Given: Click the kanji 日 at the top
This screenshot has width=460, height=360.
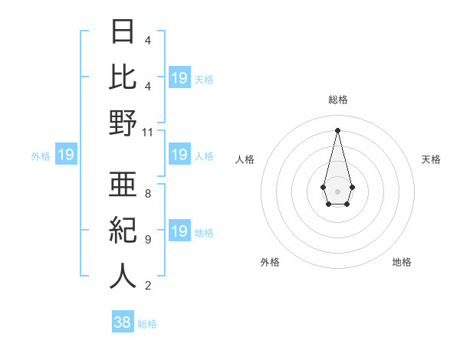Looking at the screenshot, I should point(123,32).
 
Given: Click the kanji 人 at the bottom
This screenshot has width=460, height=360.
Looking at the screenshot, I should point(123,276).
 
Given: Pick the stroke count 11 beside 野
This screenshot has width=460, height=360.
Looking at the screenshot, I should point(148,132).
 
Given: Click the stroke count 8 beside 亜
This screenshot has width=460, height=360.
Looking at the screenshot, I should point(147,194).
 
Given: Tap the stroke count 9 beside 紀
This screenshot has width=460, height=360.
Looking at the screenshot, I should point(147,240).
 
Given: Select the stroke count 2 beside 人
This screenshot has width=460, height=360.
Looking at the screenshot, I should point(147,286).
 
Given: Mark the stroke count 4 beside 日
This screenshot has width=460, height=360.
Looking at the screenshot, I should point(147,40).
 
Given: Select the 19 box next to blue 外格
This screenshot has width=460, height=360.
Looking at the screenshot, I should point(66,155).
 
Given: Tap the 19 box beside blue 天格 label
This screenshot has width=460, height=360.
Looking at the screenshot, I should point(179,78).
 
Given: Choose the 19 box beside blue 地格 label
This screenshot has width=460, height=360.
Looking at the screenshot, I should point(179,232).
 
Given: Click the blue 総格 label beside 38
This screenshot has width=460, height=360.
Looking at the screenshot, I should point(147,324).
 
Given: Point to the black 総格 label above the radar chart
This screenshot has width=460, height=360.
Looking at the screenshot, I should point(337,100).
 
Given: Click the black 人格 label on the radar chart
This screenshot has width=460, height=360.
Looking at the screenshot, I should point(245,159).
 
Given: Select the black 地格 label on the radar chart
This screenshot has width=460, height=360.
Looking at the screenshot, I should point(402,262).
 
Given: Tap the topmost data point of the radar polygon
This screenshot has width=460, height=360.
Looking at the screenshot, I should point(337,129).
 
